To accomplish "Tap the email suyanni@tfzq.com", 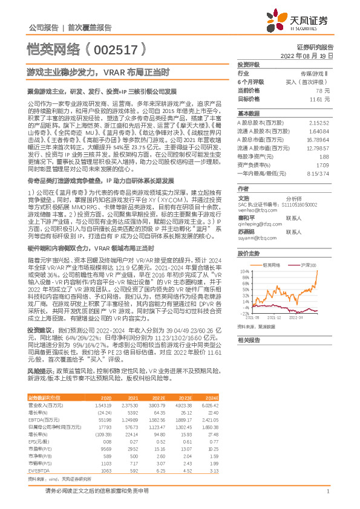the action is click(x=257, y=240).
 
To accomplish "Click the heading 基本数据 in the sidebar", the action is click(x=247, y=113).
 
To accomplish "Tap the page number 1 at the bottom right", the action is click(x=327, y=491).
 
